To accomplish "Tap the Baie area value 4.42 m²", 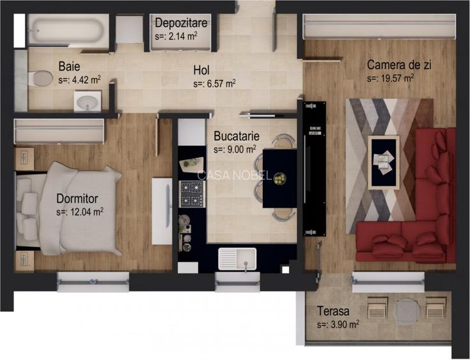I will tap(79, 80).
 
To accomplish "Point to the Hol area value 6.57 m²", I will tap(215, 83).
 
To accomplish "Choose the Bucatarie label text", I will tap(236, 136).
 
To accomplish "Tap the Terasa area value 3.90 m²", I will tap(338, 325).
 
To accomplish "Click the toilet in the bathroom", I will tap(40, 78).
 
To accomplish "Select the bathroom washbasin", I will tap(88, 101).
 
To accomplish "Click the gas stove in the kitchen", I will tap(191, 191).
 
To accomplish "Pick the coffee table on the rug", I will tap(384, 162).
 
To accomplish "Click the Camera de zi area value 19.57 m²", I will tap(390, 78).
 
